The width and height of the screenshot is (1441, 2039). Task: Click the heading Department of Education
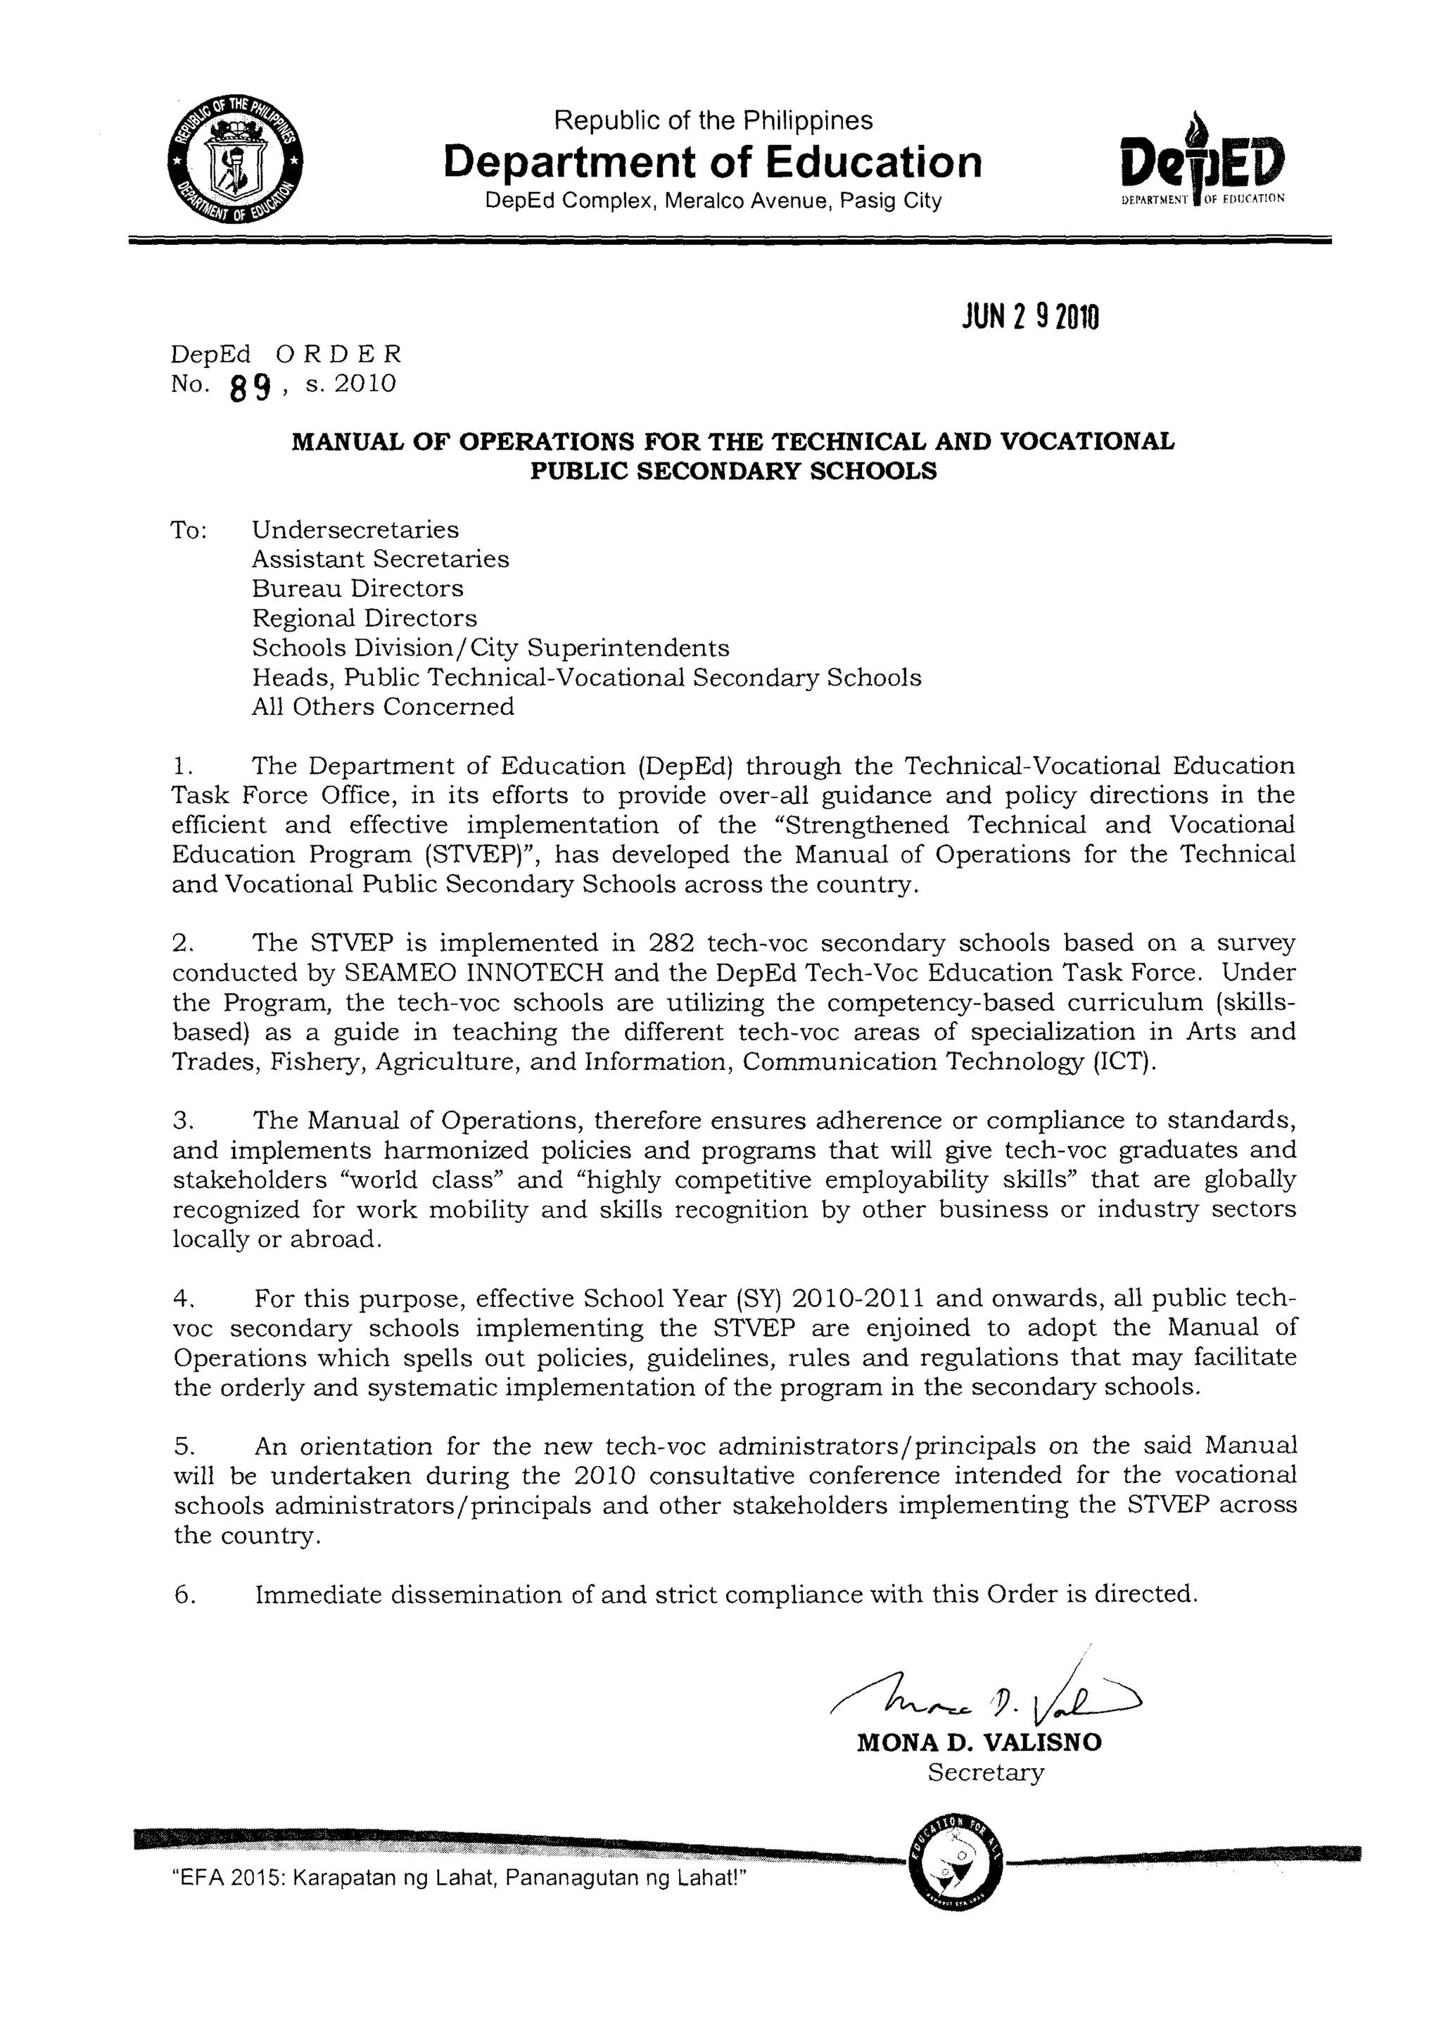coord(712,163)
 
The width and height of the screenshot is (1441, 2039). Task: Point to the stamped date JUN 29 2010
coord(1030,316)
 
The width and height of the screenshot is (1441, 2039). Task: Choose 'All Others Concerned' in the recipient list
coord(383,707)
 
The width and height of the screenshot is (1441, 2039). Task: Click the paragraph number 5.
coord(182,1446)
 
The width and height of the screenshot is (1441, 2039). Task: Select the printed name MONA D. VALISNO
coord(979,1743)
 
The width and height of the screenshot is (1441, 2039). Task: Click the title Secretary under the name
coord(986,1772)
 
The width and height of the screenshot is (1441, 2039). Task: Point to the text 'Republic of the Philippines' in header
coord(713,120)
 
